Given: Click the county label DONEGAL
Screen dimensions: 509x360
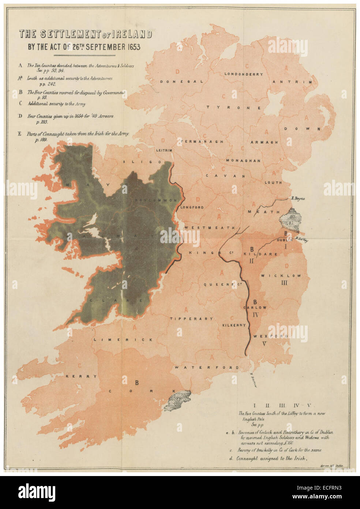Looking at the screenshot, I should (x=181, y=82).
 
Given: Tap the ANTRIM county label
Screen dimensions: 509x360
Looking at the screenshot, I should (x=292, y=82).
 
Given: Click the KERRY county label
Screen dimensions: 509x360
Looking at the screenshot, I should (x=81, y=376).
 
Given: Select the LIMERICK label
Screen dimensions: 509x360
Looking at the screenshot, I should (x=123, y=339).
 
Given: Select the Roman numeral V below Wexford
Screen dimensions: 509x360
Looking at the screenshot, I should (x=265, y=343).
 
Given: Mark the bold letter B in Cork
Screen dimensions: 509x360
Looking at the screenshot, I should (x=137, y=383).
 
